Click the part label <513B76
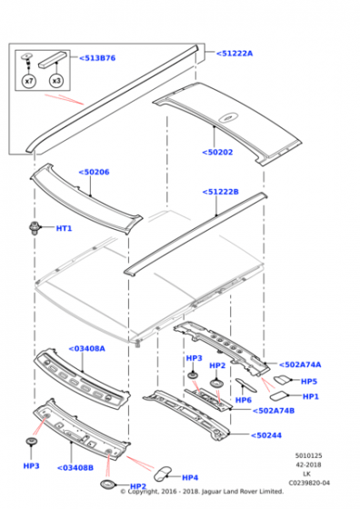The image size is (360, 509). point(97,58)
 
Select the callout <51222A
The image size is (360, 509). point(235,54)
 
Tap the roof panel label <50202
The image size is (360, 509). point(220,153)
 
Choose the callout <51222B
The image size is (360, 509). point(220,192)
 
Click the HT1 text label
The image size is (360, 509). point(64,228)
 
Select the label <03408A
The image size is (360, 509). point(86,348)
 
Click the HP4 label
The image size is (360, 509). point(190,477)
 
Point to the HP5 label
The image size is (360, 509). point(309,382)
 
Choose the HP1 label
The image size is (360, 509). point(311,396)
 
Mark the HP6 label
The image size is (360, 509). point(243,400)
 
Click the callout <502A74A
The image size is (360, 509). point(299,364)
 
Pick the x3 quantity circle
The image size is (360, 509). point(57,81)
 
